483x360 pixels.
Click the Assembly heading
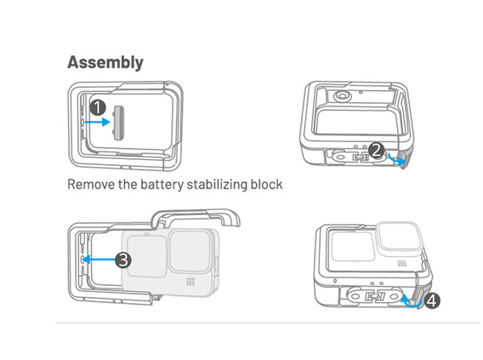pyautogui.click(x=105, y=63)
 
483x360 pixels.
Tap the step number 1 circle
pyautogui.click(x=98, y=108)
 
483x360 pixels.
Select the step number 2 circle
pyautogui.click(x=376, y=151)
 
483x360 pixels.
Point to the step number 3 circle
pyautogui.click(x=123, y=260)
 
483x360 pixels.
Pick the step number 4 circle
pyautogui.click(x=432, y=300)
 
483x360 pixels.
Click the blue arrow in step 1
pyautogui.click(x=97, y=122)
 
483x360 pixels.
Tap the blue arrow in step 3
pyautogui.click(x=99, y=260)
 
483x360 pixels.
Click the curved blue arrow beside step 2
pyautogui.click(x=397, y=160)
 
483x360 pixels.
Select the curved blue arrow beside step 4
pyautogui.click(x=412, y=303)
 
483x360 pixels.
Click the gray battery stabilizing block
pyautogui.click(x=118, y=123)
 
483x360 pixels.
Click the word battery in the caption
pyautogui.click(x=162, y=185)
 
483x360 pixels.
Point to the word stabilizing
pyautogui.click(x=217, y=185)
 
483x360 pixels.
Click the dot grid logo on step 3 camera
pyautogui.click(x=190, y=282)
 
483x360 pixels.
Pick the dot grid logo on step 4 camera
pyautogui.click(x=401, y=264)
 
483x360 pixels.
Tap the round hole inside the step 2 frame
pyautogui.click(x=342, y=96)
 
